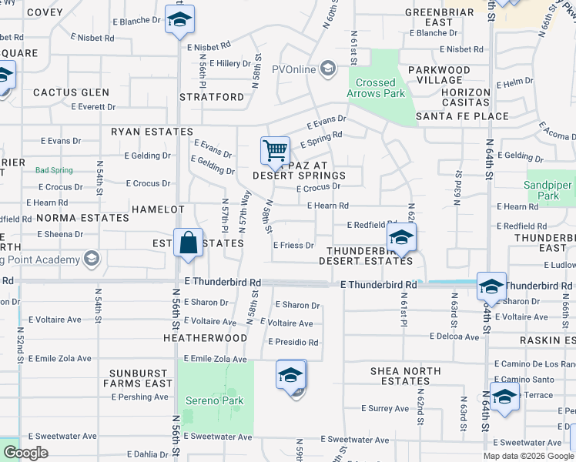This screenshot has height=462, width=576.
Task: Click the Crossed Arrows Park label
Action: coord(376,88)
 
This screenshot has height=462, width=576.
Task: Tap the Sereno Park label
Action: coord(215,400)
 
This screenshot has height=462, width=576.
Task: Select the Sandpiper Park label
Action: coord(548,191)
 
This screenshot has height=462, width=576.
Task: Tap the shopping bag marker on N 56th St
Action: coord(188,244)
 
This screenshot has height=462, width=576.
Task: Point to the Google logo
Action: coord(25,453)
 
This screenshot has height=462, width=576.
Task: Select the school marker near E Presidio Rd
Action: coord(290,377)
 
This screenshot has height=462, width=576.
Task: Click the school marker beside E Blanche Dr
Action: coord(179,21)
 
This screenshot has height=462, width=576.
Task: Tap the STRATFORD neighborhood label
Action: coord(212,98)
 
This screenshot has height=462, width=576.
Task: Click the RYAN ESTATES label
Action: coord(152,132)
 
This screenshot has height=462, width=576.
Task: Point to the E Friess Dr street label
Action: coord(293,246)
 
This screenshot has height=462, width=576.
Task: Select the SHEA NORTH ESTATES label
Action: coord(406,376)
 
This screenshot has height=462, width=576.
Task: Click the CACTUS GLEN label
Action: coord(71,92)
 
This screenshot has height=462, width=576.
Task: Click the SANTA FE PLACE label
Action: coord(462,116)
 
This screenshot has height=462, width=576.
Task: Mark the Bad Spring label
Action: coord(53,170)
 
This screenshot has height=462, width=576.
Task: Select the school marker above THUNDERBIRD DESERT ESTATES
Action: coord(401,238)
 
